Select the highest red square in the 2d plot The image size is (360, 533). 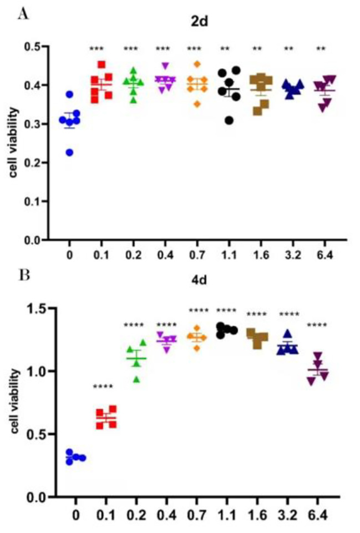(102, 64)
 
